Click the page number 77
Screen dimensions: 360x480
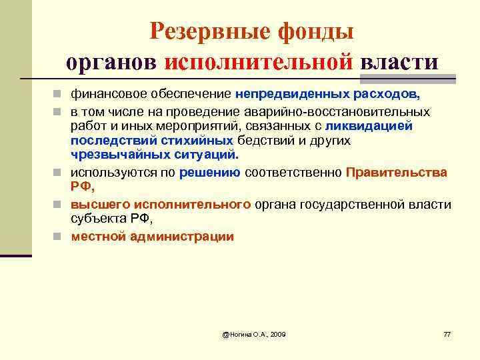click(x=447, y=333)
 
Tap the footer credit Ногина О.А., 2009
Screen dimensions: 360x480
click(x=254, y=333)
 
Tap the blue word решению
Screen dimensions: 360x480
click(x=210, y=172)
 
